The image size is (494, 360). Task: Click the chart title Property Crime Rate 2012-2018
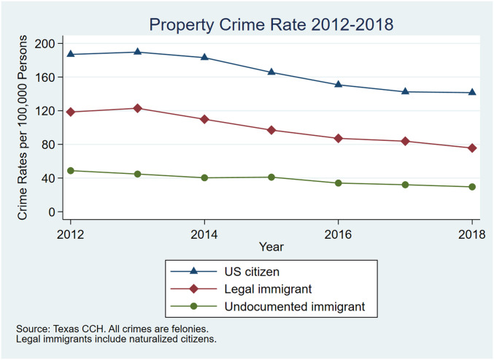pyautogui.click(x=271, y=24)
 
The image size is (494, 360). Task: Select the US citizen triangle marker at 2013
pyautogui.click(x=137, y=52)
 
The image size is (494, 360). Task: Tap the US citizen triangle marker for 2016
pyautogui.click(x=339, y=84)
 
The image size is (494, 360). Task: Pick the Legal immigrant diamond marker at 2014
pyautogui.click(x=204, y=119)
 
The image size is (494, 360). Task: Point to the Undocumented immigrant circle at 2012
pyautogui.click(x=70, y=170)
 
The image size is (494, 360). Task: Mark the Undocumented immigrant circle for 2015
pyautogui.click(x=271, y=177)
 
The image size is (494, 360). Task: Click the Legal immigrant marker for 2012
pyautogui.click(x=70, y=112)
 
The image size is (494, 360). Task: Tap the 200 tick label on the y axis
pyautogui.click(x=45, y=43)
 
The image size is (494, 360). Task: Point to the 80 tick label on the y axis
pyautogui.click(x=48, y=145)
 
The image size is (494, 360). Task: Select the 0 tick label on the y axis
pyautogui.click(x=52, y=212)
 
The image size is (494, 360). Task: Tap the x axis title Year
pyautogui.click(x=271, y=247)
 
